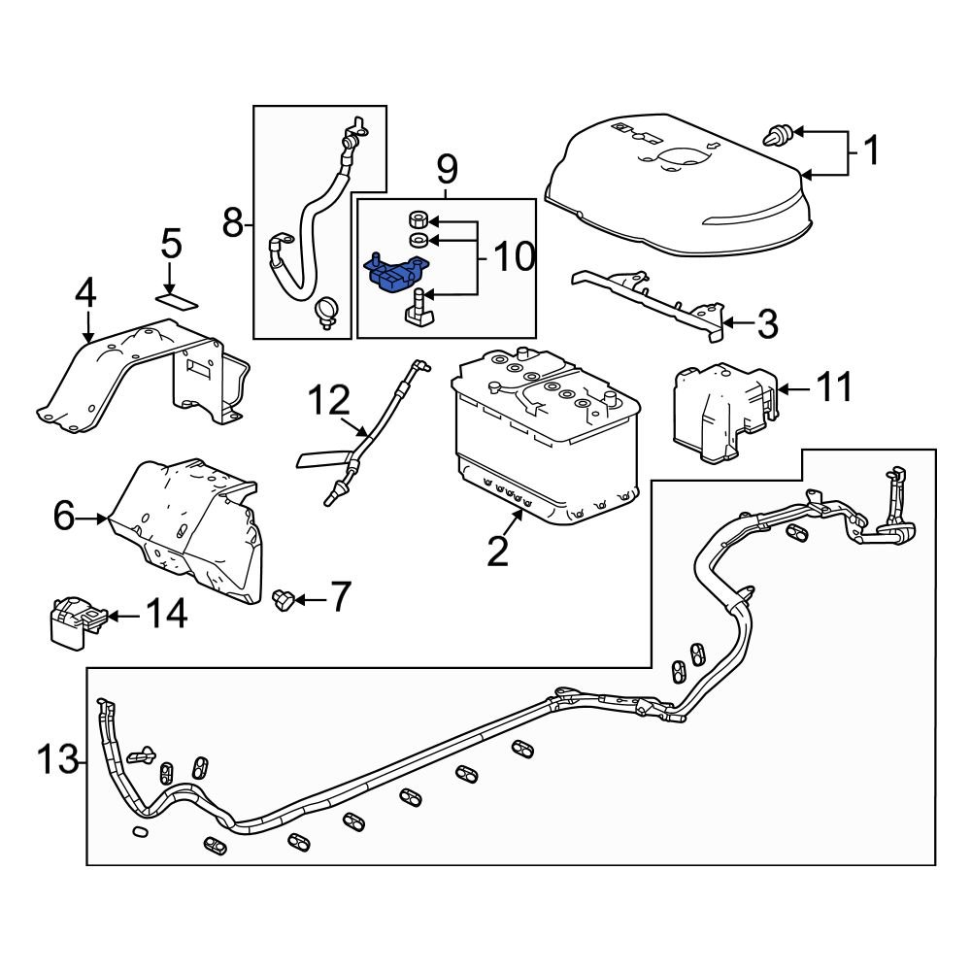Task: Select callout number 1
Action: tap(871, 151)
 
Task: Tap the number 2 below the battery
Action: tap(497, 551)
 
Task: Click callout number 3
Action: tap(767, 324)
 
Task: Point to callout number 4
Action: tap(86, 293)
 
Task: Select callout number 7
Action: tap(339, 598)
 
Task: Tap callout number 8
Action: tap(232, 224)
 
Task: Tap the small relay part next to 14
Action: tap(74, 619)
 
